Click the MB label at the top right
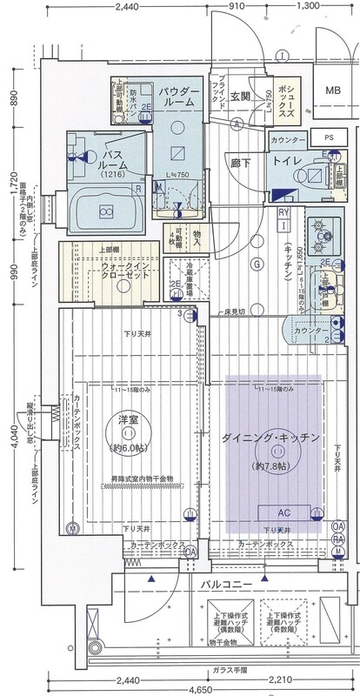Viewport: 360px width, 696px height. [333, 90]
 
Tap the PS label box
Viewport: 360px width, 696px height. [328, 138]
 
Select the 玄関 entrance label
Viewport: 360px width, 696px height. [241, 96]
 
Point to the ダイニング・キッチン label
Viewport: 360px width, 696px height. [271, 437]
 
